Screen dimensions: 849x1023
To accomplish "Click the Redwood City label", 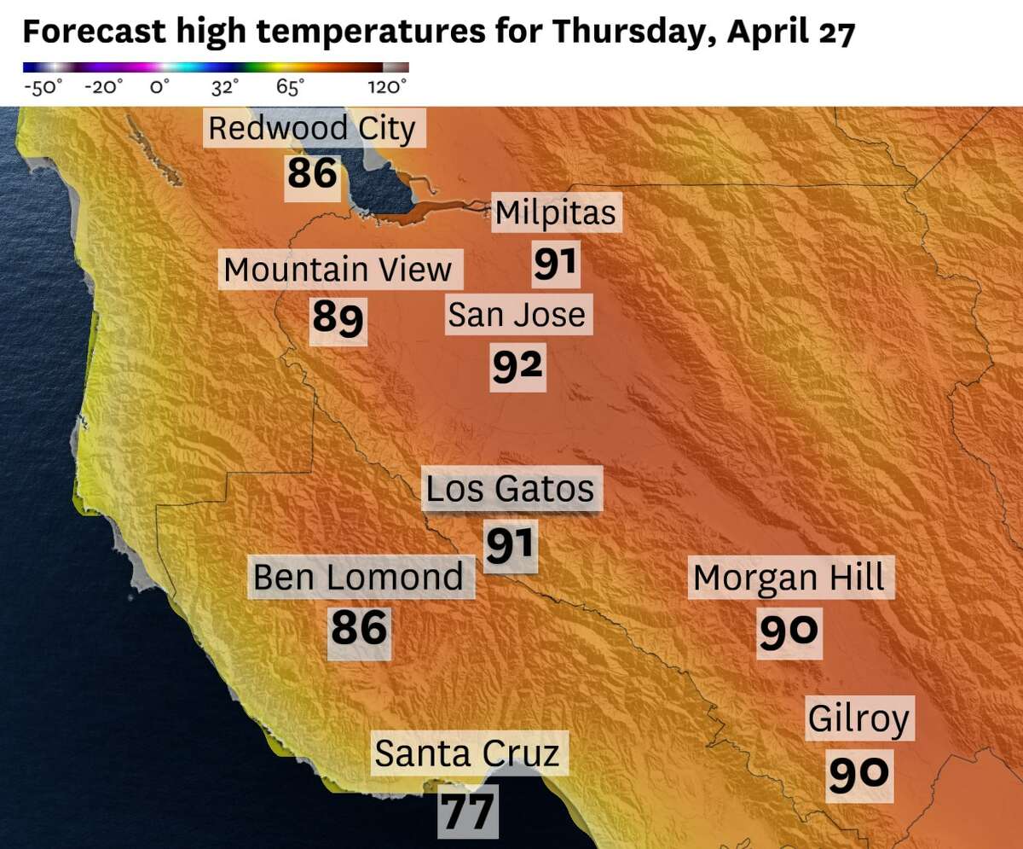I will click(x=312, y=129).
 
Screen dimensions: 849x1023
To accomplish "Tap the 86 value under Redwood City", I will click(x=313, y=174).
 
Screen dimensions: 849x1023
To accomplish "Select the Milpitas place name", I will click(x=555, y=212).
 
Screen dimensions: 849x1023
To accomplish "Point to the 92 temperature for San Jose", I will click(x=517, y=365).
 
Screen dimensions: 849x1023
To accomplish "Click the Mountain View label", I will click(x=338, y=270).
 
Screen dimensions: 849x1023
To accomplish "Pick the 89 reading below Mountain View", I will click(x=338, y=318).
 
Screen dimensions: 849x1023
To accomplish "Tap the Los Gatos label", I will click(x=510, y=489).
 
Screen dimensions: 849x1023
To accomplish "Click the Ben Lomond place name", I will click(x=358, y=578).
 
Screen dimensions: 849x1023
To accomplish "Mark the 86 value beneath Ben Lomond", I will click(x=359, y=630).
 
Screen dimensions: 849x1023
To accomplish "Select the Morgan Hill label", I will click(x=789, y=579).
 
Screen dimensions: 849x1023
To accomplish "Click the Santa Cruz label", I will click(x=467, y=754).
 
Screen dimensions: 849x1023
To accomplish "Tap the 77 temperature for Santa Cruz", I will click(x=467, y=812).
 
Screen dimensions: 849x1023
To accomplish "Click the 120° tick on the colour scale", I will click(x=387, y=87).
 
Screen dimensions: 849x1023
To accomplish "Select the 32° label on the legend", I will click(x=225, y=87).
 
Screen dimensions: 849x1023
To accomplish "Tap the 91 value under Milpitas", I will click(x=556, y=264).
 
